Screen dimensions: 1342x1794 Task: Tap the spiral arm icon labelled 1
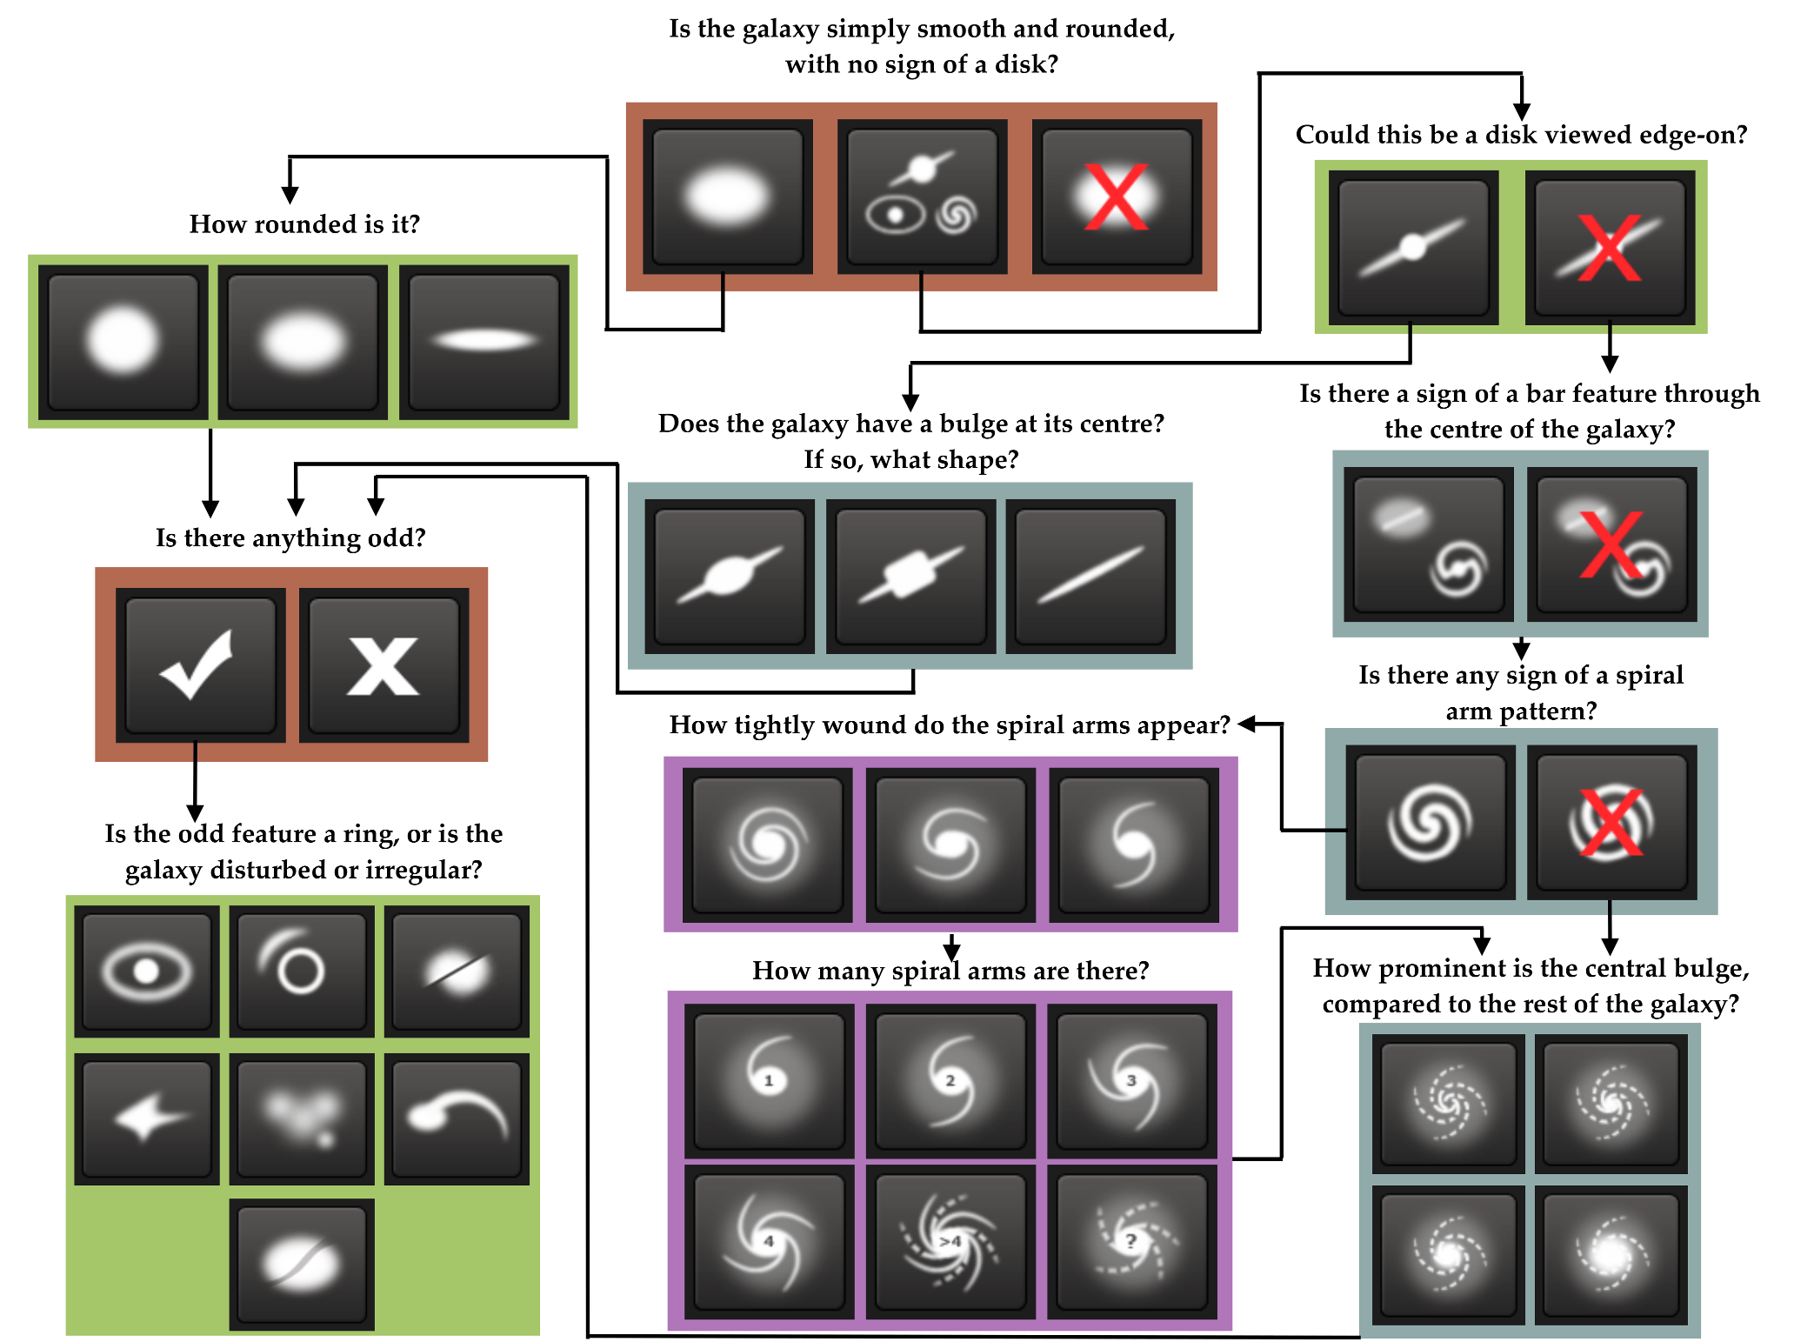tap(769, 1079)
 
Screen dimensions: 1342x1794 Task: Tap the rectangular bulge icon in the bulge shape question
tap(910, 575)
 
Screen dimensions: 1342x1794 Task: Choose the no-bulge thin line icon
tap(1090, 575)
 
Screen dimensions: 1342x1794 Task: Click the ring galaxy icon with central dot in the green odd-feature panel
tap(146, 971)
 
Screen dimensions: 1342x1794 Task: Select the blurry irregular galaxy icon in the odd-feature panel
tap(301, 1118)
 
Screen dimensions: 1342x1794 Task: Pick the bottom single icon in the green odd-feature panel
tap(301, 1264)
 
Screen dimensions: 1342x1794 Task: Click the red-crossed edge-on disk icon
tap(1610, 247)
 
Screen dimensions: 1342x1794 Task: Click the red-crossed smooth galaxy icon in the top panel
tap(1117, 197)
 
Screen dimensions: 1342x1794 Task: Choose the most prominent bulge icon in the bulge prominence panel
tap(1611, 1253)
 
